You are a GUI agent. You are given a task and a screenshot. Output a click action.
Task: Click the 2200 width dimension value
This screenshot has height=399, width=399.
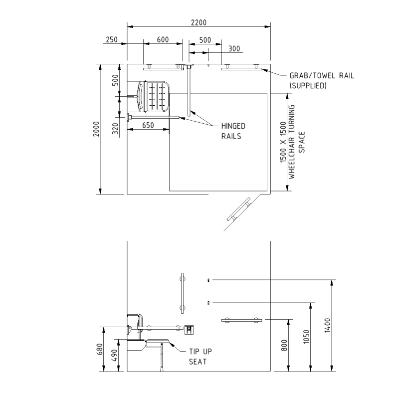pyautogui.click(x=199, y=22)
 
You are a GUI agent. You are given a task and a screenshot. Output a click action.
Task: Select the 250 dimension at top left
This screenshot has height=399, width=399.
pyautogui.click(x=112, y=40)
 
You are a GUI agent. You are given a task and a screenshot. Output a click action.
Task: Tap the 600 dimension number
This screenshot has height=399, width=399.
pyautogui.click(x=163, y=40)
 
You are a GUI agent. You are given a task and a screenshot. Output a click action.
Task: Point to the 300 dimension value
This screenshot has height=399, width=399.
pyautogui.click(x=234, y=48)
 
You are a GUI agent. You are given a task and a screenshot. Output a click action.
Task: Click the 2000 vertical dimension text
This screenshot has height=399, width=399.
pyautogui.click(x=96, y=129)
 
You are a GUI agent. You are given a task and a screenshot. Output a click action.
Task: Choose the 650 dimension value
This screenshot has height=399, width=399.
pyautogui.click(x=148, y=125)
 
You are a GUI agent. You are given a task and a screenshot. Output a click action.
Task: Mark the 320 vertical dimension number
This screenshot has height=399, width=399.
pyautogui.click(x=115, y=129)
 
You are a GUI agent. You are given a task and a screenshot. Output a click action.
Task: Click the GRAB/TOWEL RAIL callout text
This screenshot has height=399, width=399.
pyautogui.click(x=322, y=80)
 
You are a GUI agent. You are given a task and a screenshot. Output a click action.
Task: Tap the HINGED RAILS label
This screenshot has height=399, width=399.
pyautogui.click(x=233, y=131)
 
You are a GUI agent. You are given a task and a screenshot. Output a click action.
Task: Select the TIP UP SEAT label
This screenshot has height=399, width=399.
pyautogui.click(x=200, y=357)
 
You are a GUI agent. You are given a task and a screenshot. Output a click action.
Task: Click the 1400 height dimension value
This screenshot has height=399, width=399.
pyautogui.click(x=328, y=325)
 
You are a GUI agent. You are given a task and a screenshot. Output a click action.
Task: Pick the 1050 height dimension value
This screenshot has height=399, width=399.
pyautogui.click(x=306, y=337)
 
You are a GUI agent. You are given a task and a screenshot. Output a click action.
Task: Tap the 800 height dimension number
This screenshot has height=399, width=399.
pyautogui.click(x=284, y=345)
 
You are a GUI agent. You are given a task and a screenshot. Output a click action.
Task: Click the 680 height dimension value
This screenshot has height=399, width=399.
pyautogui.click(x=100, y=349)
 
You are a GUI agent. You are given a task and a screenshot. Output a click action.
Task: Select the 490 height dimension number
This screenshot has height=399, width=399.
pyautogui.click(x=115, y=355)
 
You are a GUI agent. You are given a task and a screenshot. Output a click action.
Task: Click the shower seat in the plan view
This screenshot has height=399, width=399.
pyautogui.click(x=153, y=97)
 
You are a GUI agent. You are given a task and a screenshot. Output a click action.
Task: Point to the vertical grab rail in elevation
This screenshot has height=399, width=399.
pyautogui.click(x=182, y=293)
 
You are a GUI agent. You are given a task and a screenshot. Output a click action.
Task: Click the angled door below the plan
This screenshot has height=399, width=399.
pyautogui.click(x=239, y=209)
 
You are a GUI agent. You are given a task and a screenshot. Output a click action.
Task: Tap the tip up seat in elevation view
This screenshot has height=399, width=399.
pyautogui.click(x=157, y=344)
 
